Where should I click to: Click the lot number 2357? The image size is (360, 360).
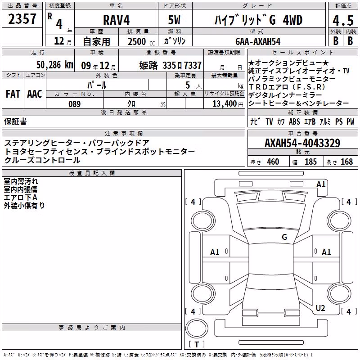[x=22, y=19]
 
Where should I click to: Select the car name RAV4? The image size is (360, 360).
[x=116, y=20]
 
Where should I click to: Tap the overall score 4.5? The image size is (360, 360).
[x=343, y=21]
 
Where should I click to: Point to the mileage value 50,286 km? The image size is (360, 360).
[x=54, y=65]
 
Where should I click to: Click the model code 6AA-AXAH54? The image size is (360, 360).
[x=258, y=41]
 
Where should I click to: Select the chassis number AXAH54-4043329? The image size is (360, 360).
[x=302, y=143]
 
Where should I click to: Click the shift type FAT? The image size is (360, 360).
[x=13, y=94]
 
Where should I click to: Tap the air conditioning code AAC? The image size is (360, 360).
[x=35, y=94]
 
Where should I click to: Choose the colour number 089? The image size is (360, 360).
[x=74, y=104]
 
